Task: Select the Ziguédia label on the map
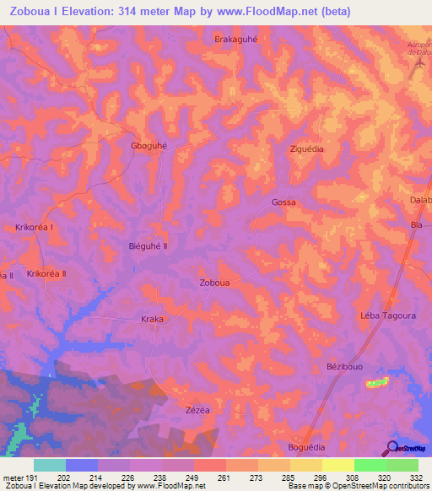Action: tap(307, 148)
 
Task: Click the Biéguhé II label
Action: tap(148, 246)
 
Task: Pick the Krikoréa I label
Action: tap(35, 227)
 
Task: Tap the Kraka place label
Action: tap(152, 320)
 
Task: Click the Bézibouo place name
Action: tap(343, 368)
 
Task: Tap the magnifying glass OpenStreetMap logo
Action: tap(391, 448)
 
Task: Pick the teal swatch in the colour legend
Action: tap(49, 465)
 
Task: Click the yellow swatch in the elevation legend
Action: tap(337, 465)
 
